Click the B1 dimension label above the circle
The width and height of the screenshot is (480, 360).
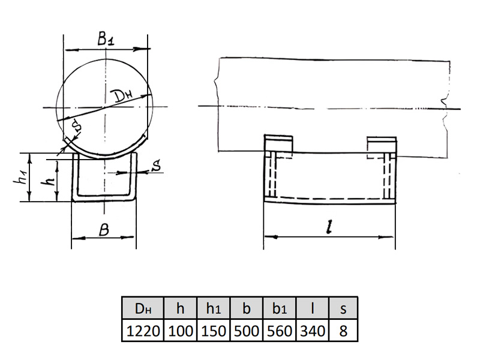pyautogui.click(x=106, y=38)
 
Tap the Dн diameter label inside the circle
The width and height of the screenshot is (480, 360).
pyautogui.click(x=124, y=96)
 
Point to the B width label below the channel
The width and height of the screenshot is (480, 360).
pyautogui.click(x=104, y=230)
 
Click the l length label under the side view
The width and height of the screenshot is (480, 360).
pyautogui.click(x=329, y=227)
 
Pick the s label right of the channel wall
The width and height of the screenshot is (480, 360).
pyautogui.click(x=157, y=166)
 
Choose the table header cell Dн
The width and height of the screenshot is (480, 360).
pyautogui.click(x=143, y=308)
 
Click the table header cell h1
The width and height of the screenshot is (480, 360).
pyautogui.click(x=214, y=308)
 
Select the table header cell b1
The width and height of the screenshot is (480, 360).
pyautogui.click(x=280, y=308)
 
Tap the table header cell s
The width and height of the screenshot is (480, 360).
pyautogui.click(x=343, y=308)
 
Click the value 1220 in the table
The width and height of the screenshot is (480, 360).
pyautogui.click(x=143, y=331)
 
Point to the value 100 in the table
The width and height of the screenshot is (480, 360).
pyautogui.click(x=181, y=331)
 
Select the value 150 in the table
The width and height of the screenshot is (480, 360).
pyautogui.click(x=214, y=331)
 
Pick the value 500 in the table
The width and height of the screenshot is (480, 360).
pyautogui.click(x=247, y=331)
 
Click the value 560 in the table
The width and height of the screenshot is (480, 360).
pyautogui.click(x=280, y=331)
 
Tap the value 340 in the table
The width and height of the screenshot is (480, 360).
pyautogui.click(x=313, y=331)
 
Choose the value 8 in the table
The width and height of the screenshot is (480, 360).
pyautogui.click(x=343, y=331)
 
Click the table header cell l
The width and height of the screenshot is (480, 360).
pyautogui.click(x=313, y=308)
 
